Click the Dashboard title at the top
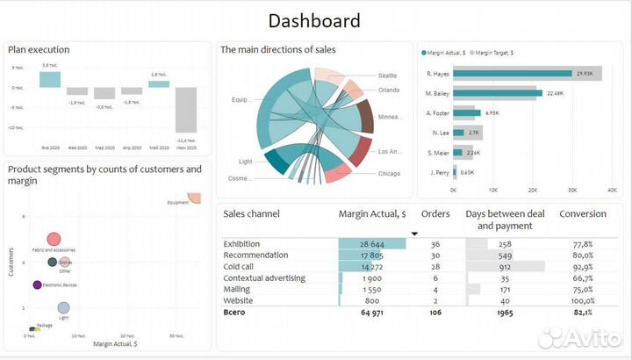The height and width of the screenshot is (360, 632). (314, 20)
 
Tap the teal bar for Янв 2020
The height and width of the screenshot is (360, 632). (49, 79)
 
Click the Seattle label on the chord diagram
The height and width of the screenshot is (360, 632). (388, 76)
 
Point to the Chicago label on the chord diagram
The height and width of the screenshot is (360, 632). (388, 173)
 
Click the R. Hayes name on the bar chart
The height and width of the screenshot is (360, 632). (437, 74)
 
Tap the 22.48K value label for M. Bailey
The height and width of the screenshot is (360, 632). (555, 93)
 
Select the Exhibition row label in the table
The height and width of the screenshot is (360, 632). (242, 243)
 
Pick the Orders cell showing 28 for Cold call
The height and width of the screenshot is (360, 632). (435, 266)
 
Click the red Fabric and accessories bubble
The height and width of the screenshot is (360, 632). (54, 239)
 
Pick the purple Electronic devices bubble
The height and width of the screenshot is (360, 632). (37, 284)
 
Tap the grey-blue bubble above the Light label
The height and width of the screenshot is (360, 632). (63, 308)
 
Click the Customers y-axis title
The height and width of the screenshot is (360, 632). (11, 261)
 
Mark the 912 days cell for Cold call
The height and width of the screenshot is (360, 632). (505, 266)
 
